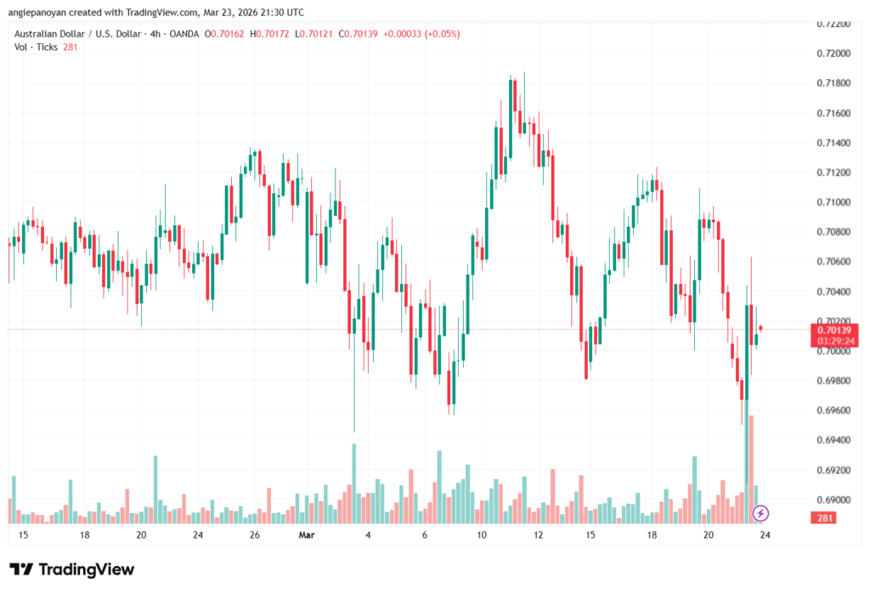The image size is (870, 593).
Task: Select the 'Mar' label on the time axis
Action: click(307, 535)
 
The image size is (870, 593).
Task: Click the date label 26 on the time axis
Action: click(254, 535)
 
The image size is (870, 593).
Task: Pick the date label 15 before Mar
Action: click(23, 535)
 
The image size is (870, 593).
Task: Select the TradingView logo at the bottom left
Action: click(71, 569)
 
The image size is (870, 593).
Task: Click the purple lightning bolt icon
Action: click(761, 513)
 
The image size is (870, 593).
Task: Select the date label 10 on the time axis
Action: click(481, 535)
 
